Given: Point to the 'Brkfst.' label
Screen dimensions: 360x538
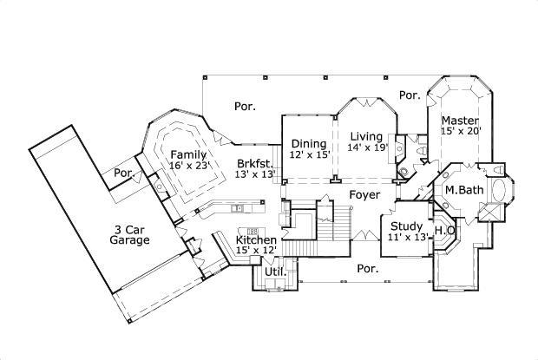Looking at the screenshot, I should pyautogui.click(x=254, y=163).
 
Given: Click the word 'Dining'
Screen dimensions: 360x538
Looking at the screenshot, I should pyautogui.click(x=308, y=144).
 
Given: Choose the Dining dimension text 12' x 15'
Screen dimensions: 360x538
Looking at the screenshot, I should pyautogui.click(x=309, y=156).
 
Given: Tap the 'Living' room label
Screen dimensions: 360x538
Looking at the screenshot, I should pyautogui.click(x=366, y=136).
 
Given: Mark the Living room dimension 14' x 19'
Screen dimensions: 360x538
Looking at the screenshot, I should pyautogui.click(x=367, y=148).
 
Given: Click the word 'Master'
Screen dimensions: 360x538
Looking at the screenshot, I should pyautogui.click(x=456, y=120).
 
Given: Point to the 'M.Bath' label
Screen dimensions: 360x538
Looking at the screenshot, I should pyautogui.click(x=463, y=189).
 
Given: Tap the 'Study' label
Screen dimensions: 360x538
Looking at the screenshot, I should pyautogui.click(x=407, y=226).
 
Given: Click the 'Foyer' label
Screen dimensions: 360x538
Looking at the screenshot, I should pyautogui.click(x=364, y=195).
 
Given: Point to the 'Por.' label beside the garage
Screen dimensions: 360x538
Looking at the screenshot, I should pyautogui.click(x=124, y=173).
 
